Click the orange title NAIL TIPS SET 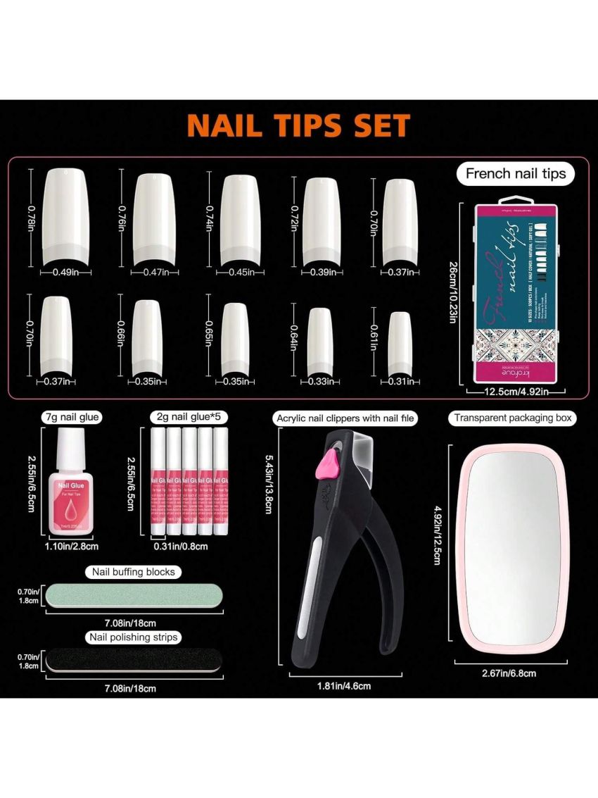tap(298, 125)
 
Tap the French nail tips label tap(515, 173)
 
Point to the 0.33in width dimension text tap(320, 382)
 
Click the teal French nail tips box tap(516, 295)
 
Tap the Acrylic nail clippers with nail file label tap(346, 418)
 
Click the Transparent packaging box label tap(512, 418)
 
